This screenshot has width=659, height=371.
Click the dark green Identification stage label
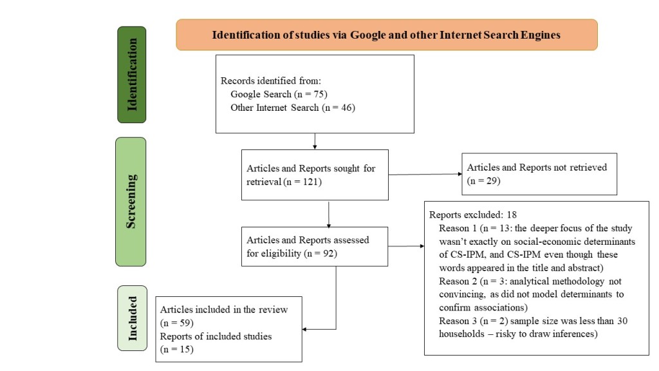click(131, 75)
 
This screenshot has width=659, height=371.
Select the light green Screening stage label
click(131, 201)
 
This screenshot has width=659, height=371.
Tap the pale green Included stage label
click(131, 318)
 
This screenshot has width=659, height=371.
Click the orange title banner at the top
click(386, 35)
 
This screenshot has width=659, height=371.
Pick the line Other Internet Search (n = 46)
click(293, 108)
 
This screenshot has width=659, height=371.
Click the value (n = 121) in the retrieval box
click(302, 182)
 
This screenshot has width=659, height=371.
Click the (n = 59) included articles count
click(177, 322)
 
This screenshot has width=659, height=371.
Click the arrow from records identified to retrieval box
click(315, 141)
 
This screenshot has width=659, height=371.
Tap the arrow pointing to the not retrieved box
click(425, 174)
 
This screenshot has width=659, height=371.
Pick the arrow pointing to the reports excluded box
click(405, 245)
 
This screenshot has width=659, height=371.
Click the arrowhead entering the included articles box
click(306, 330)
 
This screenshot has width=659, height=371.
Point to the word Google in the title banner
click(366, 35)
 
